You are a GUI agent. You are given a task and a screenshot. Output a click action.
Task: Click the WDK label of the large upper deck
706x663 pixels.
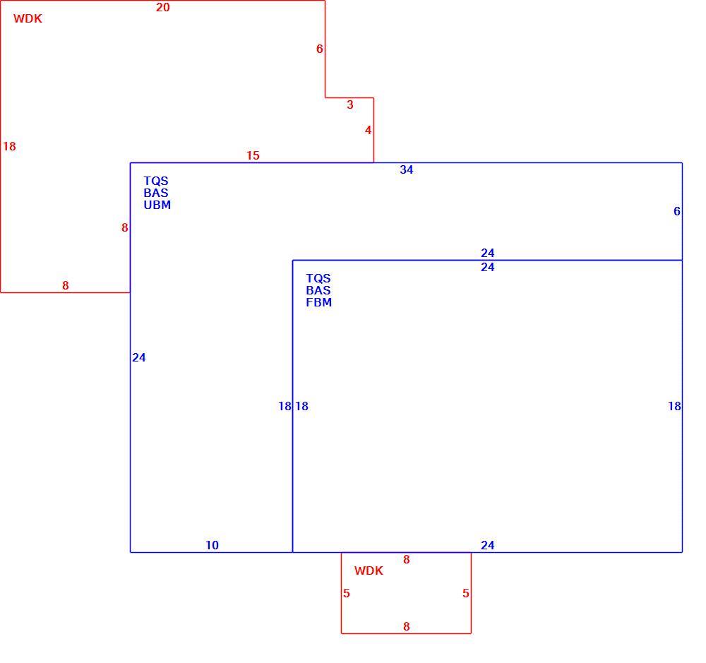click(x=28, y=18)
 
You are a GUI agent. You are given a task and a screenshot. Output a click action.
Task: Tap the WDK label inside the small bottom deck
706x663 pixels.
click(x=369, y=571)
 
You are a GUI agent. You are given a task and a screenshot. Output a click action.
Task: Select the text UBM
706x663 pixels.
click(x=157, y=205)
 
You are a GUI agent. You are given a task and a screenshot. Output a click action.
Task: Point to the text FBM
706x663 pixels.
click(x=319, y=303)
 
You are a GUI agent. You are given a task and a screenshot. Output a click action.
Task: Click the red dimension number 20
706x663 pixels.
click(x=163, y=7)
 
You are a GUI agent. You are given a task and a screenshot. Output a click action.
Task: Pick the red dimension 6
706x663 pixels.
click(x=320, y=49)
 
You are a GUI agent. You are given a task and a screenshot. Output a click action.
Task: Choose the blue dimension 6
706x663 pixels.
click(x=677, y=211)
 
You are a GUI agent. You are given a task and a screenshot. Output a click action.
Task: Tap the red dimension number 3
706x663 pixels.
click(x=350, y=105)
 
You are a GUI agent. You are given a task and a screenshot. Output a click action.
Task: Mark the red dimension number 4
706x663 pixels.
click(x=368, y=130)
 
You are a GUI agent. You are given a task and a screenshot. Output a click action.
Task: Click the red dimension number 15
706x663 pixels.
click(x=253, y=155)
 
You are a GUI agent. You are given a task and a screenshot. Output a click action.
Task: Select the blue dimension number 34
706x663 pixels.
click(x=407, y=169)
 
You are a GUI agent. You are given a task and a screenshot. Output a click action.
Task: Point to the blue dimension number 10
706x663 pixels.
click(x=212, y=546)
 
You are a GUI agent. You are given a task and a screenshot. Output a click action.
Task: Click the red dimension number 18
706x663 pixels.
click(x=9, y=146)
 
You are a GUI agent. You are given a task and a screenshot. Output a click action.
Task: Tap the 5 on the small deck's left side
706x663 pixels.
click(x=346, y=593)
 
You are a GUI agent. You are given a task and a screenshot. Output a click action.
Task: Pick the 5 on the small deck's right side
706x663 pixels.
click(x=465, y=593)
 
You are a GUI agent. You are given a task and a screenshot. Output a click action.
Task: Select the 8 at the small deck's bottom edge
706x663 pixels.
click(x=407, y=626)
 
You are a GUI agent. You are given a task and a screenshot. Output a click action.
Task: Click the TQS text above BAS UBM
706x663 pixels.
click(x=156, y=181)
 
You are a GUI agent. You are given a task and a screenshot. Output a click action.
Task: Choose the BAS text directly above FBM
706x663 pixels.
click(x=318, y=290)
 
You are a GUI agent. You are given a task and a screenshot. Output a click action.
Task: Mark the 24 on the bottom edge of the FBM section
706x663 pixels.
click(x=488, y=546)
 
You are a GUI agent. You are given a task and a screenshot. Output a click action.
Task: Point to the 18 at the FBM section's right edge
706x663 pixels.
click(x=674, y=406)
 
